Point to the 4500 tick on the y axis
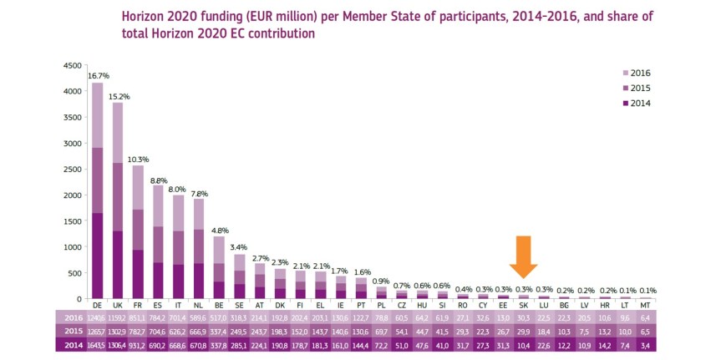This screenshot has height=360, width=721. point(73,65)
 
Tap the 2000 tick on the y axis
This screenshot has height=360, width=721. point(73,195)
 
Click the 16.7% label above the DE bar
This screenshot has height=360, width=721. point(98,75)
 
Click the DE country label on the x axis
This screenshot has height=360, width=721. point(98,307)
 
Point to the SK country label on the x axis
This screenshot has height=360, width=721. point(523,307)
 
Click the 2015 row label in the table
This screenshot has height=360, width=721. point(72,332)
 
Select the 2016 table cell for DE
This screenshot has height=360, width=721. point(98,319)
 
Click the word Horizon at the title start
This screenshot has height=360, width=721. point(148,15)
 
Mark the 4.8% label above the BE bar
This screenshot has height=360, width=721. point(220,231)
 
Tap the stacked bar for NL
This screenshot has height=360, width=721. point(199,251)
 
